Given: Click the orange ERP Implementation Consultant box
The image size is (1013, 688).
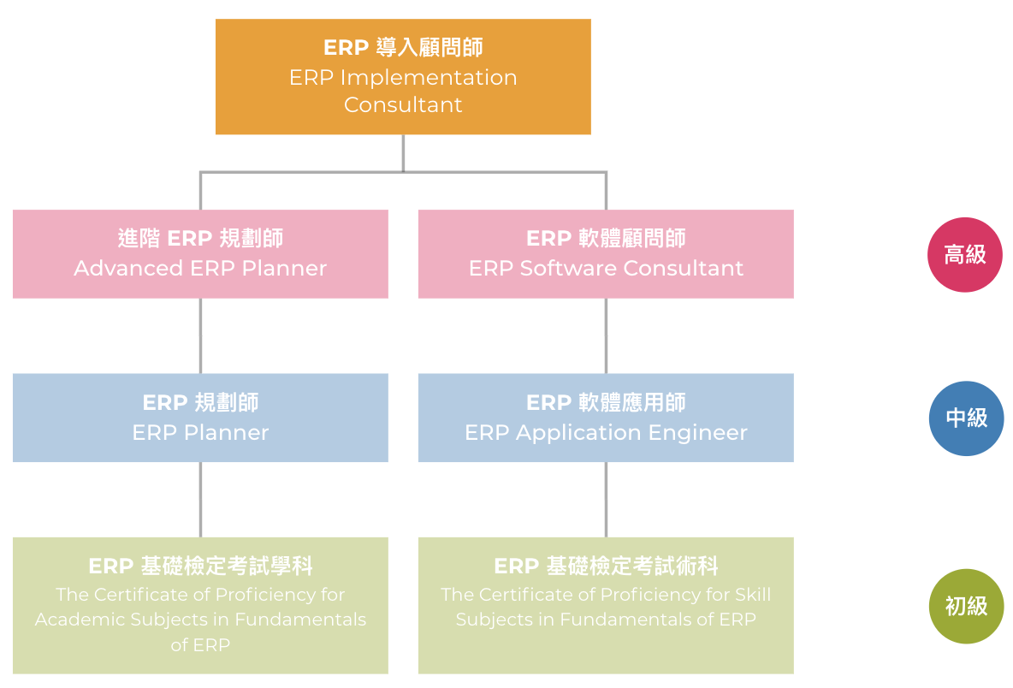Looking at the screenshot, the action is click(x=403, y=76).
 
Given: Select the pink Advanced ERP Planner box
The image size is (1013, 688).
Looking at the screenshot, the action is click(x=200, y=254).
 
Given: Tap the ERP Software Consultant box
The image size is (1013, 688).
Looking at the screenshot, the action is click(x=606, y=254).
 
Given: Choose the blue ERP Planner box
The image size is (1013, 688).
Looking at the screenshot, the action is click(x=200, y=418).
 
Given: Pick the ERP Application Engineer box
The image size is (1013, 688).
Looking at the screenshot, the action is click(x=606, y=418).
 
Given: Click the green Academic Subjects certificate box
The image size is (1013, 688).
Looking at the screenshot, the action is click(x=200, y=605).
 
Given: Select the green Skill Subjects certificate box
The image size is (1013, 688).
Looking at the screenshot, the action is click(x=606, y=605).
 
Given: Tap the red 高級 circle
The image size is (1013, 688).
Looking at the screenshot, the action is click(x=965, y=254).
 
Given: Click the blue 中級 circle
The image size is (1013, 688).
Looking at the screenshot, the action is click(x=967, y=418).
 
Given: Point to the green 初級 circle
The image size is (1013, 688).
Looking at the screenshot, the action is click(x=967, y=606).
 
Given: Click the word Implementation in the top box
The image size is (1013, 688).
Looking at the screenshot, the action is click(x=429, y=78).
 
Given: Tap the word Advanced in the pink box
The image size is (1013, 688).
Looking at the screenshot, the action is click(x=128, y=268).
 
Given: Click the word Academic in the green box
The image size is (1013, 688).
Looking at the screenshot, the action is click(x=80, y=620).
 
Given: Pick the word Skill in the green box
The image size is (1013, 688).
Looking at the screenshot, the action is click(x=753, y=595).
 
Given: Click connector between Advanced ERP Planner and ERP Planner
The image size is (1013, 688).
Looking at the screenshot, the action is click(x=200, y=336).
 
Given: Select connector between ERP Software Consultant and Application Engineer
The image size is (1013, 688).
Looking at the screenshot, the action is click(x=606, y=336).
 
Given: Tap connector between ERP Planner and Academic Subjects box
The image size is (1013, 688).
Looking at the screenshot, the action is click(x=200, y=500).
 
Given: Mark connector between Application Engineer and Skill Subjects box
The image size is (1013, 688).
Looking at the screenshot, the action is click(x=606, y=500).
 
